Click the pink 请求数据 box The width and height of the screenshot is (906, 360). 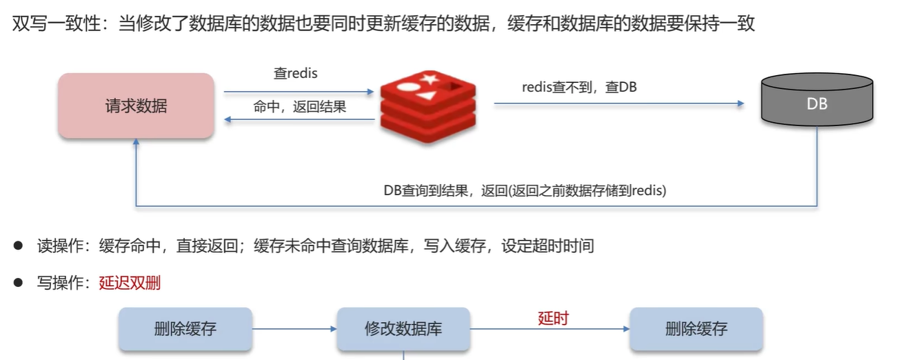[136, 106]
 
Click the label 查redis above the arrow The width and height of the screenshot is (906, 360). [295, 73]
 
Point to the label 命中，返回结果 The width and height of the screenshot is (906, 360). [300, 108]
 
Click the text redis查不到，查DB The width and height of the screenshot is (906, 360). [579, 88]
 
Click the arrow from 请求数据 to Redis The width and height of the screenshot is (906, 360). [298, 91]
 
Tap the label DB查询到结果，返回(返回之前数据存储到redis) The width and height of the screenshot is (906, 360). [525, 191]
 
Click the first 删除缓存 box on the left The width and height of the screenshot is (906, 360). [185, 328]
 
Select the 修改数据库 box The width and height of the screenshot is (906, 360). [403, 328]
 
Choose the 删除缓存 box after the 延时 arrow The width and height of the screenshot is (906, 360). [696, 328]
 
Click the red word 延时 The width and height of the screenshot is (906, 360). [553, 318]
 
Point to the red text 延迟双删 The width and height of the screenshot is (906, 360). [130, 282]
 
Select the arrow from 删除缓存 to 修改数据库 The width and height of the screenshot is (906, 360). [294, 329]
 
